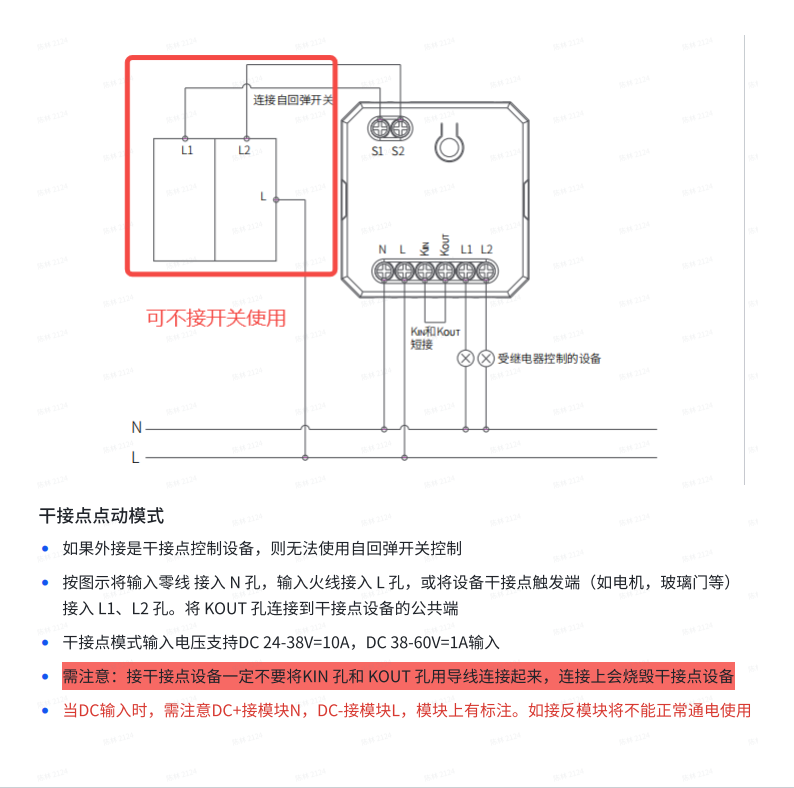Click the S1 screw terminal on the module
(380, 128)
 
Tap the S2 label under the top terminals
(398, 151)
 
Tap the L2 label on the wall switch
(244, 150)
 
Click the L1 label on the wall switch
(187, 150)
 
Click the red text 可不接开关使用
(216, 318)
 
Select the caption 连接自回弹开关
(293, 100)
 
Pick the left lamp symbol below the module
(466, 357)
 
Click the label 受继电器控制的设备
(549, 358)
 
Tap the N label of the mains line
(136, 427)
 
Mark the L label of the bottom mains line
(136, 458)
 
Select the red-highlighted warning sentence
(398, 676)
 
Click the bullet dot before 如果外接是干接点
(45, 549)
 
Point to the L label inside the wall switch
(263, 196)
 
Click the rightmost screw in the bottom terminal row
(485, 270)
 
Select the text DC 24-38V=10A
(308, 643)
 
